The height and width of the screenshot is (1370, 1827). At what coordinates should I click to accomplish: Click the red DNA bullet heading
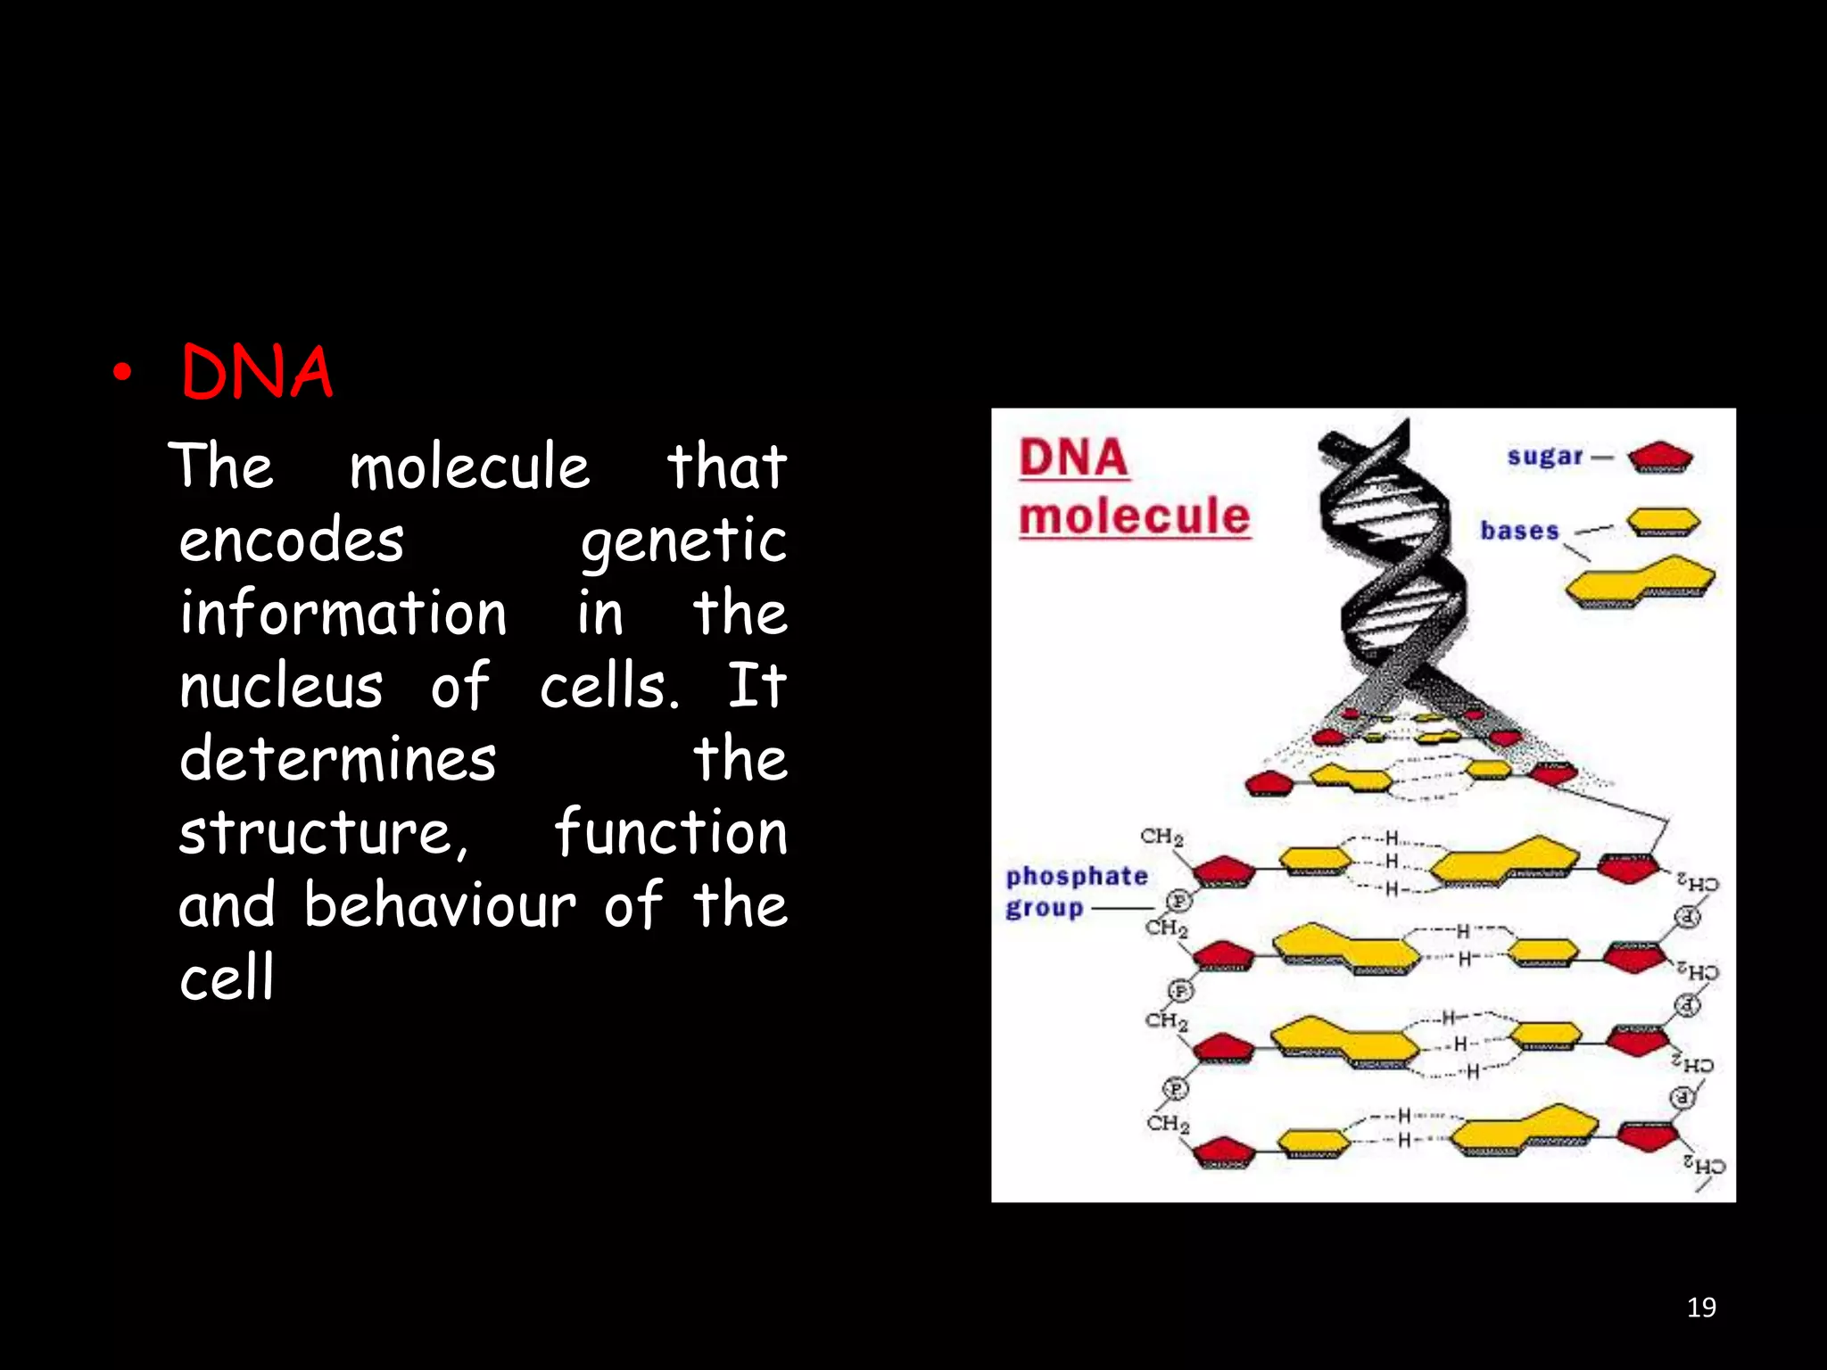point(257,372)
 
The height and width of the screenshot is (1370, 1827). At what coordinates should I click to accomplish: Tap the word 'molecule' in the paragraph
point(469,466)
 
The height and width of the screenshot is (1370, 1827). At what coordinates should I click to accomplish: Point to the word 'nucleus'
point(281,688)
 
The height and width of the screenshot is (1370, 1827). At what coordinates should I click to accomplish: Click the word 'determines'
point(337,760)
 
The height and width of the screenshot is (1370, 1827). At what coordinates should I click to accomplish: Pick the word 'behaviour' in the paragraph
point(440,906)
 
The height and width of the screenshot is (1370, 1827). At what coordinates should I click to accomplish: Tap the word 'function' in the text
point(671,832)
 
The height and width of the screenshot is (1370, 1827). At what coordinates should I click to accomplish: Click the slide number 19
point(1701,1308)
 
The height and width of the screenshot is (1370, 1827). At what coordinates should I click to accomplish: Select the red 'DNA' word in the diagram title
point(1073,458)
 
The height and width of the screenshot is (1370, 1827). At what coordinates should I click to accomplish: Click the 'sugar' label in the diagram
point(1544,457)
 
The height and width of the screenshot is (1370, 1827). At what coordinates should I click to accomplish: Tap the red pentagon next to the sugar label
point(1659,458)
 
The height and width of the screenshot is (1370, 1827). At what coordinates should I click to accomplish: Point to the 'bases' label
point(1519,531)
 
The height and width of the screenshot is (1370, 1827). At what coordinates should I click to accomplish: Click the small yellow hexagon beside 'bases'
point(1663,522)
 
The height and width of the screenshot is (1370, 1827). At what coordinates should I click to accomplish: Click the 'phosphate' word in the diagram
point(1077,876)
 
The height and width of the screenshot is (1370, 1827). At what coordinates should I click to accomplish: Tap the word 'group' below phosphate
point(1044,909)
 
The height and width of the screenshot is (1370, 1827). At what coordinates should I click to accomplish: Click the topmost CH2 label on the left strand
point(1162,837)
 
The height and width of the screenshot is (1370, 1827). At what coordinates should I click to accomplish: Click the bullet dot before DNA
point(122,374)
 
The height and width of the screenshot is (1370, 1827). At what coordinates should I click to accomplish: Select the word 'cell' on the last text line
point(227,978)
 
